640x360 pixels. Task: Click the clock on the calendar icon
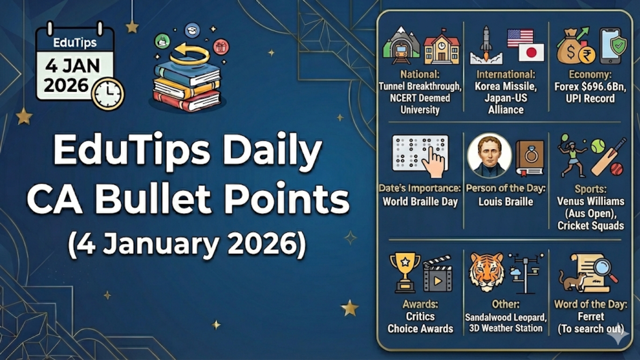pyautogui.click(x=108, y=94)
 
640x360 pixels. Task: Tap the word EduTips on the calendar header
pyautogui.click(x=75, y=43)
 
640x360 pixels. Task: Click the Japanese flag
pyautogui.click(x=531, y=52)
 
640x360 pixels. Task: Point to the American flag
pyautogui.click(x=520, y=38)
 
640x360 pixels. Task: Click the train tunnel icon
pyautogui.click(x=401, y=47)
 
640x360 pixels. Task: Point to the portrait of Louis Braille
pyautogui.click(x=489, y=156)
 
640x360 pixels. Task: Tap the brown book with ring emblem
pyautogui.click(x=530, y=157)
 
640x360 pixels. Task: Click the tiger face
pyautogui.click(x=487, y=271)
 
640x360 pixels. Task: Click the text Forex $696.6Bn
pyautogui.click(x=590, y=87)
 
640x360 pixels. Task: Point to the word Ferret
pyautogui.click(x=591, y=316)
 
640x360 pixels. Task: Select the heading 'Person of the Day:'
pyautogui.click(x=506, y=188)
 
